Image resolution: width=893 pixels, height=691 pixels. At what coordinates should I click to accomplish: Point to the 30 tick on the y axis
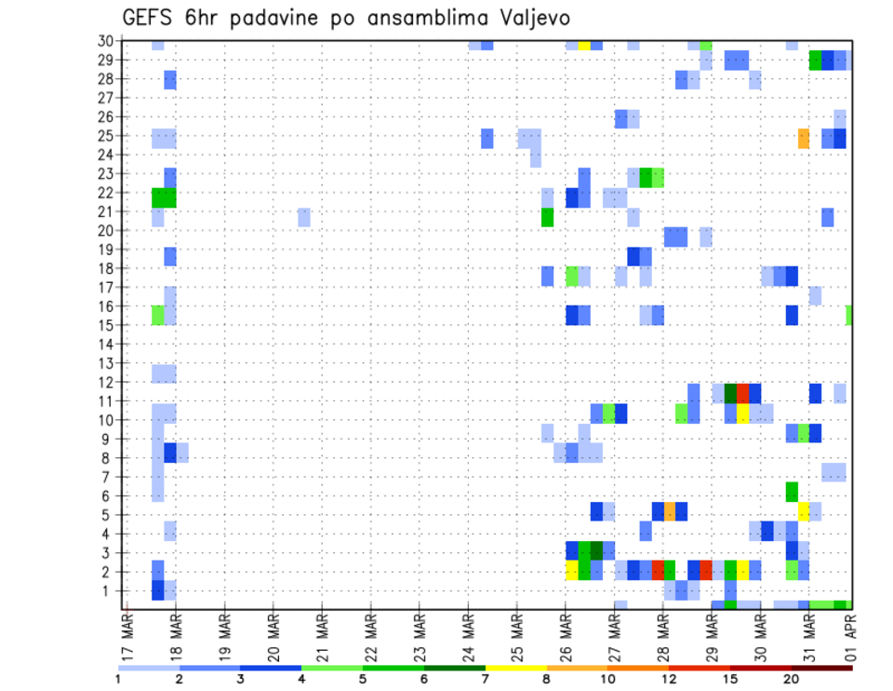108,41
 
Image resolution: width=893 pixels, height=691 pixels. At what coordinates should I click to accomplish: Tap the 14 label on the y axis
108,344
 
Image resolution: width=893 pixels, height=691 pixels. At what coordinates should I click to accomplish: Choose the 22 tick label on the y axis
108,193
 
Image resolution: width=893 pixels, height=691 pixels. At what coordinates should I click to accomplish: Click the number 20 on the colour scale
792,679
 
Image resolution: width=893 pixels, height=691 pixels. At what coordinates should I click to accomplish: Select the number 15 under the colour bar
730,679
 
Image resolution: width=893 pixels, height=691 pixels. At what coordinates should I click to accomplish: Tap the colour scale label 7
485,679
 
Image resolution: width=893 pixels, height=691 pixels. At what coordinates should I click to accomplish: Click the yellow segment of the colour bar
515,667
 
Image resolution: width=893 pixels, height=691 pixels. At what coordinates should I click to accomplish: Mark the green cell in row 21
547,217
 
